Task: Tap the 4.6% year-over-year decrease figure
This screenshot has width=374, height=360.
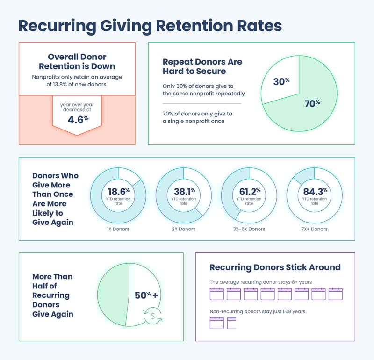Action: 77,119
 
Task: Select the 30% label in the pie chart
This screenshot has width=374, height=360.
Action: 281,81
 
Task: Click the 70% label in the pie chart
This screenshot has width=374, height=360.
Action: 312,103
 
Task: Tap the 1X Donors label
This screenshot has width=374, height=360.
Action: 118,229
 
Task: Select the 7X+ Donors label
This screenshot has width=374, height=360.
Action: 314,229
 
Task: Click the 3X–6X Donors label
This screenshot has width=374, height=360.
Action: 249,229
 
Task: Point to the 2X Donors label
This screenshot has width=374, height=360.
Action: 184,229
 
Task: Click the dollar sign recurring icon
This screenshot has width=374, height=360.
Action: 153,316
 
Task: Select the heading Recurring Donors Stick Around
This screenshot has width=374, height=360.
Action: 275,267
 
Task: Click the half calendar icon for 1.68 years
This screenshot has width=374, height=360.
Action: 231,323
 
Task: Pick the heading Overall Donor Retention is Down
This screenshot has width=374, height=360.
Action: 77,62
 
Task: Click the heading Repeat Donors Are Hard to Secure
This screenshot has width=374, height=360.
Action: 202,66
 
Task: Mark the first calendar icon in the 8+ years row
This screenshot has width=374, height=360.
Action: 216,294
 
